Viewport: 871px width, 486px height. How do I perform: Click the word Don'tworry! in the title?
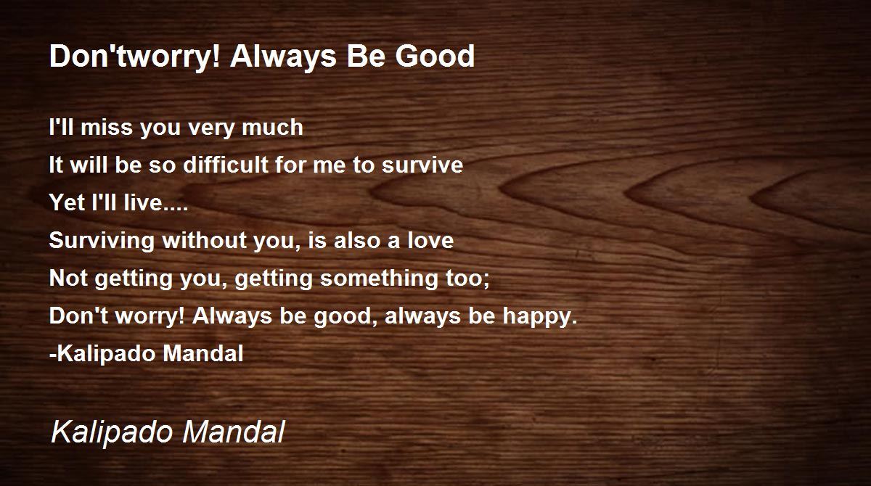tap(135, 57)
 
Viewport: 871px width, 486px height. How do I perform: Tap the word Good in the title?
tap(435, 56)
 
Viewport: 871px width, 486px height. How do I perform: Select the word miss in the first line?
tap(107, 127)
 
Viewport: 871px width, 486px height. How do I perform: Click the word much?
tap(272, 127)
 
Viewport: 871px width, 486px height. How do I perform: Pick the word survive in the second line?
tap(422, 165)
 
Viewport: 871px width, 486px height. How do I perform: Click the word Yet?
tap(68, 202)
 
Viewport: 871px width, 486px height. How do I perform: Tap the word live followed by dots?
tap(155, 202)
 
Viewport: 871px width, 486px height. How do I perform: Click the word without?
tap(204, 240)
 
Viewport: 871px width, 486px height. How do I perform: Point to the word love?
tap(430, 240)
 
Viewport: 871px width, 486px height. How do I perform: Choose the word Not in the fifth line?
tap(68, 278)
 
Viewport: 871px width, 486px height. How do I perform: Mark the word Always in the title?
tap(283, 57)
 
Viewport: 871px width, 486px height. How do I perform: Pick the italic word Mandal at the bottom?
tap(234, 432)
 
